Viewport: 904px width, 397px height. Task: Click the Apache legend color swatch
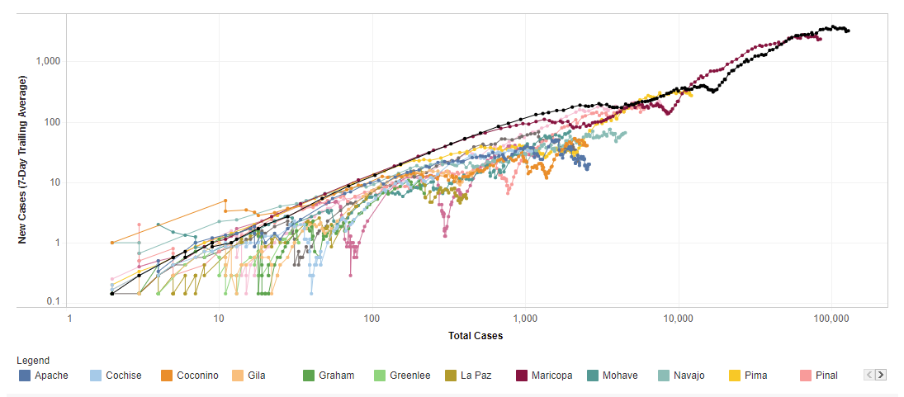[25, 376]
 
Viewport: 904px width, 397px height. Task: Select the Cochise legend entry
[123, 376]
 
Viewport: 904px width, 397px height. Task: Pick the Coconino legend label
[197, 376]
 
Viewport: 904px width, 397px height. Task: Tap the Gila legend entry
[256, 376]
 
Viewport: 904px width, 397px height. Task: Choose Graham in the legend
[336, 376]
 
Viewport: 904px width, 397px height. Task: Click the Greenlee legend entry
[409, 376]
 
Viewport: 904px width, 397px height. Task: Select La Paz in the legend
[476, 376]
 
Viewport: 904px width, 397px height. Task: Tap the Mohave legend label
[619, 376]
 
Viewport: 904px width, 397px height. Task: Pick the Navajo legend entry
[689, 376]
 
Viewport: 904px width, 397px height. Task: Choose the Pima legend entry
[755, 376]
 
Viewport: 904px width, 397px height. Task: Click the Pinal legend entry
[826, 376]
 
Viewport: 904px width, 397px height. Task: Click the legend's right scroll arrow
[881, 375]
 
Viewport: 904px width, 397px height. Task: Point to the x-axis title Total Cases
[476, 336]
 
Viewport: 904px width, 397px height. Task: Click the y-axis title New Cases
[23, 159]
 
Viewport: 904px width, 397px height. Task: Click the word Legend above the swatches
[33, 361]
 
